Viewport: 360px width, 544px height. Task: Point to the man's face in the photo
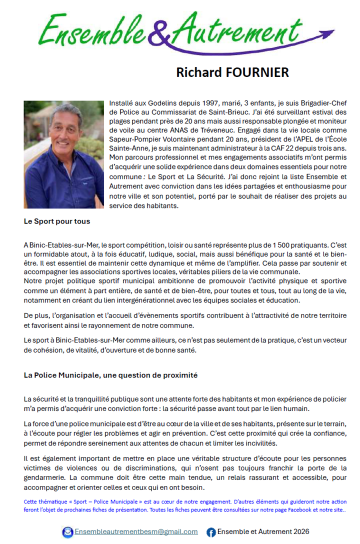tap(64, 128)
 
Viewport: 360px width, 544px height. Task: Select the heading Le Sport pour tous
tap(56, 220)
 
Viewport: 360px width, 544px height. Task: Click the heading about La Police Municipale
tap(110, 374)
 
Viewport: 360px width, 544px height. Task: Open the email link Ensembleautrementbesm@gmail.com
tap(136, 531)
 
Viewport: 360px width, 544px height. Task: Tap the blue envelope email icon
tap(67, 532)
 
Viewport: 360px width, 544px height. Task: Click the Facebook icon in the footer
tap(211, 532)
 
